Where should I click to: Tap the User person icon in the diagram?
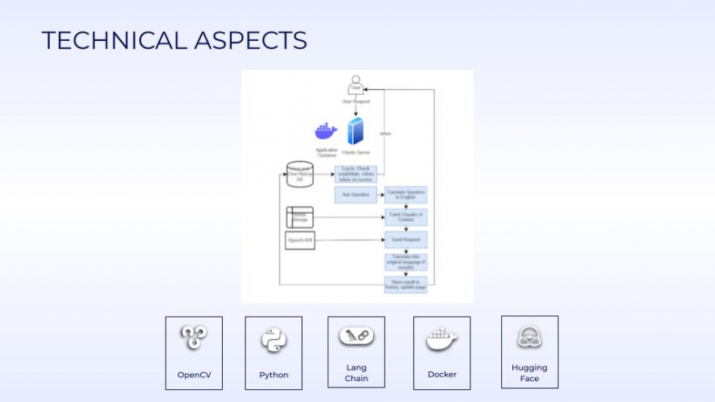click(x=355, y=84)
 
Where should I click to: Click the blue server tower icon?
click(x=355, y=132)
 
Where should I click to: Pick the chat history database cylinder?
click(x=299, y=175)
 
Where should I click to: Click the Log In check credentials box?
click(x=355, y=174)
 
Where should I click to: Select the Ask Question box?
click(x=355, y=195)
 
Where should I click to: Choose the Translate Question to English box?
click(x=405, y=195)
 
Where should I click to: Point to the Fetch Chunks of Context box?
click(x=405, y=217)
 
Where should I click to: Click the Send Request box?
click(x=405, y=240)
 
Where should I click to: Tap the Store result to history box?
click(x=405, y=284)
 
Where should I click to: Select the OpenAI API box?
click(x=299, y=240)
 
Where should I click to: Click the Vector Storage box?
click(x=299, y=217)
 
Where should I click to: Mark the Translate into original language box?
click(x=405, y=262)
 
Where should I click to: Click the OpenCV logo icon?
click(x=193, y=338)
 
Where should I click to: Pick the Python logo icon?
click(x=273, y=340)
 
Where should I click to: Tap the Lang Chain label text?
click(x=356, y=373)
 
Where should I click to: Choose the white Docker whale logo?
click(x=442, y=339)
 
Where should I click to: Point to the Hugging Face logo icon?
click(x=529, y=338)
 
